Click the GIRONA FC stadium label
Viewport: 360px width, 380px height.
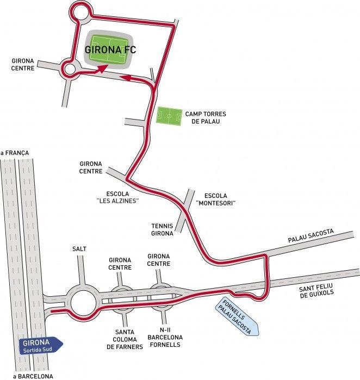point(110,49)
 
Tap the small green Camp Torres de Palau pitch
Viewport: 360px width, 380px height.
point(169,116)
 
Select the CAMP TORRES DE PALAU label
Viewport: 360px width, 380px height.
point(206,117)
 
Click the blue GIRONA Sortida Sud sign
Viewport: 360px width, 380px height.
point(41,345)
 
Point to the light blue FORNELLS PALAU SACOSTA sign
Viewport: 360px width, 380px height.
point(237,316)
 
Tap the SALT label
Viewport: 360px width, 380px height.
point(79,249)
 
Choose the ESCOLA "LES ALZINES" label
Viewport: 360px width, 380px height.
point(117,197)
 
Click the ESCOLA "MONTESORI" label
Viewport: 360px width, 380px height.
point(216,199)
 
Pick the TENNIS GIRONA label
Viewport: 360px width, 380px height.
point(162,230)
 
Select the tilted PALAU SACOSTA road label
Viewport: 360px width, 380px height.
point(311,235)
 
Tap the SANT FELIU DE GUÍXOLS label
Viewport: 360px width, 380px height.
point(316,291)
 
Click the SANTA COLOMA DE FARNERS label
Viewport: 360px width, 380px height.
point(125,339)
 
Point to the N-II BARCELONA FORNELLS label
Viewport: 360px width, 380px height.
point(165,338)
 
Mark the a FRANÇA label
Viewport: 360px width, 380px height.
point(15,153)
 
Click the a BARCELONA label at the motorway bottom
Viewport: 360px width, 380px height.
point(33,376)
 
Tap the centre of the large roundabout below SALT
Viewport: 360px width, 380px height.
point(83,302)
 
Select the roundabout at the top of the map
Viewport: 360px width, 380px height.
point(80,12)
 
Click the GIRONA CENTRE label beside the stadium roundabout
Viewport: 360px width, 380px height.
point(23,65)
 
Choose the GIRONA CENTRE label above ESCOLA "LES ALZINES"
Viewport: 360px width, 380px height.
point(91,167)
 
